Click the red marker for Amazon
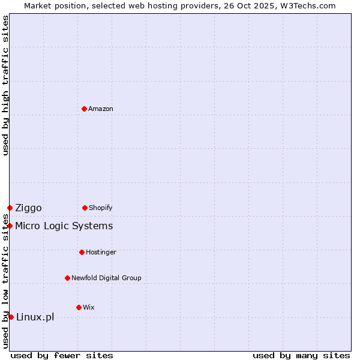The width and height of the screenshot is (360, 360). click(x=84, y=109)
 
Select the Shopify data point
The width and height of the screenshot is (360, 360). click(x=85, y=208)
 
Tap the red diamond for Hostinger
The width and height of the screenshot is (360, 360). click(x=82, y=252)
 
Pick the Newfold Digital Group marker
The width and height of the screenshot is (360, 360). click(x=67, y=278)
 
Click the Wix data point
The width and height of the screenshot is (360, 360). click(x=79, y=307)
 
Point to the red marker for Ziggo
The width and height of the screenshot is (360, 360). click(x=10, y=208)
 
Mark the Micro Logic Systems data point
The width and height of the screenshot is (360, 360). click(x=10, y=226)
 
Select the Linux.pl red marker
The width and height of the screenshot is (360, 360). click(x=11, y=317)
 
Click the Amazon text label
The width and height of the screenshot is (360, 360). click(x=101, y=109)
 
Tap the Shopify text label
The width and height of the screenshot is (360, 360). click(x=101, y=208)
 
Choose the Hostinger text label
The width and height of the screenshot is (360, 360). click(x=101, y=252)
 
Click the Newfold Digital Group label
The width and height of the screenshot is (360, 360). click(x=106, y=278)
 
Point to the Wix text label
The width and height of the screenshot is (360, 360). click(x=89, y=307)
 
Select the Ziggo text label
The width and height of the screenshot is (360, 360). click(x=28, y=208)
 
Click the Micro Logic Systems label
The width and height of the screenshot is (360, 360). click(x=64, y=226)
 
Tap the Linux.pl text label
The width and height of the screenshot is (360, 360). click(x=35, y=317)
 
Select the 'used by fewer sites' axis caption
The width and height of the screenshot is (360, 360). click(x=62, y=355)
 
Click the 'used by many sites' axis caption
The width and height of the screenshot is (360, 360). click(x=301, y=355)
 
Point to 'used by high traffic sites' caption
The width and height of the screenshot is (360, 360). click(x=5, y=85)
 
